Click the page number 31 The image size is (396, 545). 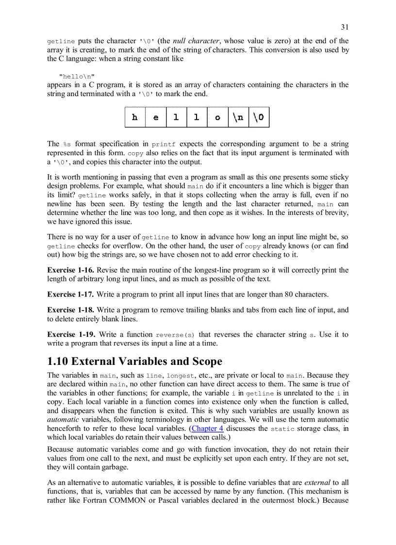tap(345, 27)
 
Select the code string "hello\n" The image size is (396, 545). tap(77, 76)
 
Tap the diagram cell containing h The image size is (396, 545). tap(135, 117)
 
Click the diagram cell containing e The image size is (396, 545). tap(156, 117)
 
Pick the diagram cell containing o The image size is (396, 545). tap(217, 117)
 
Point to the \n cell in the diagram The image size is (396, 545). tap(238, 117)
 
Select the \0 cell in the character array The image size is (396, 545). tap(258, 117)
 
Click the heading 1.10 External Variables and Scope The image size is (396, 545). tap(134, 361)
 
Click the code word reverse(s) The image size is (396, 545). tap(175, 335)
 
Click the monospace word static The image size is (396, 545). tap(282, 429)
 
